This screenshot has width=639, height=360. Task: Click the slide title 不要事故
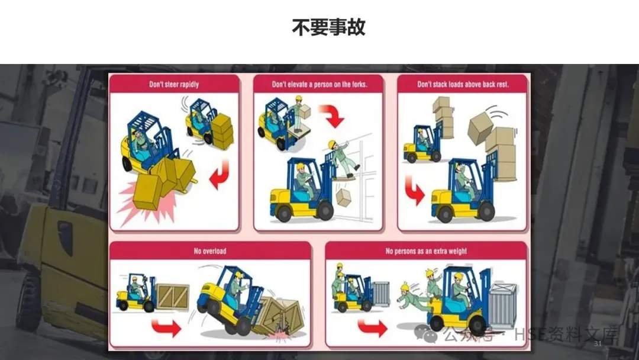(x=328, y=27)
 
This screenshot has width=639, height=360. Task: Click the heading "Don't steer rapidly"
(x=174, y=85)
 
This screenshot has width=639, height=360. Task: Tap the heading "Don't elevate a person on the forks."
(x=319, y=85)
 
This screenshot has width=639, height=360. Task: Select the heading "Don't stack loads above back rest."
(x=463, y=85)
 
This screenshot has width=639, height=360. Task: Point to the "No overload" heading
(x=210, y=251)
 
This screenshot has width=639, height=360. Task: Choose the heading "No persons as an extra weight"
(x=426, y=251)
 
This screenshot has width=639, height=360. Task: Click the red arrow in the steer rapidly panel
(x=220, y=175)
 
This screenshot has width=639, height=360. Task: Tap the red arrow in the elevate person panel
(x=332, y=115)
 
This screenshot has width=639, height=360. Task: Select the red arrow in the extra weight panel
(x=373, y=327)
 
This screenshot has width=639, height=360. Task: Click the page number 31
(x=598, y=343)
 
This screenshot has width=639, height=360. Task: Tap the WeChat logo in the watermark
(x=425, y=334)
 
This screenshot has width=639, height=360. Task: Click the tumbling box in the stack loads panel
(x=480, y=128)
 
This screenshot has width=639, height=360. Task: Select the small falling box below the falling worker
(x=344, y=197)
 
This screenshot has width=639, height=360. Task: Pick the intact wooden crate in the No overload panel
(x=173, y=296)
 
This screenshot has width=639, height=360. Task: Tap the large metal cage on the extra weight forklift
(x=502, y=306)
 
